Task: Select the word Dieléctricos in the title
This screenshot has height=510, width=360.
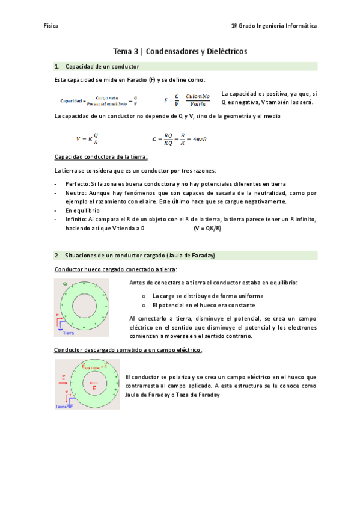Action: coord(221,52)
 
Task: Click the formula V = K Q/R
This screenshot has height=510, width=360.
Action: coord(87,139)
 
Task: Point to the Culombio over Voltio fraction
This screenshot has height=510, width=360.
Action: coord(198,100)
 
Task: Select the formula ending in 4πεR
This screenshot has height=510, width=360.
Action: coord(180,139)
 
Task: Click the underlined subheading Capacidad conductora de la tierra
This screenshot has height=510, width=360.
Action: coord(100,157)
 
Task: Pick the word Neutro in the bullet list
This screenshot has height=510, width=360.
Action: coord(75,193)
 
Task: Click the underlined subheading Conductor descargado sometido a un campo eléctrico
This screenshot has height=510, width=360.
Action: coord(127,349)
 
